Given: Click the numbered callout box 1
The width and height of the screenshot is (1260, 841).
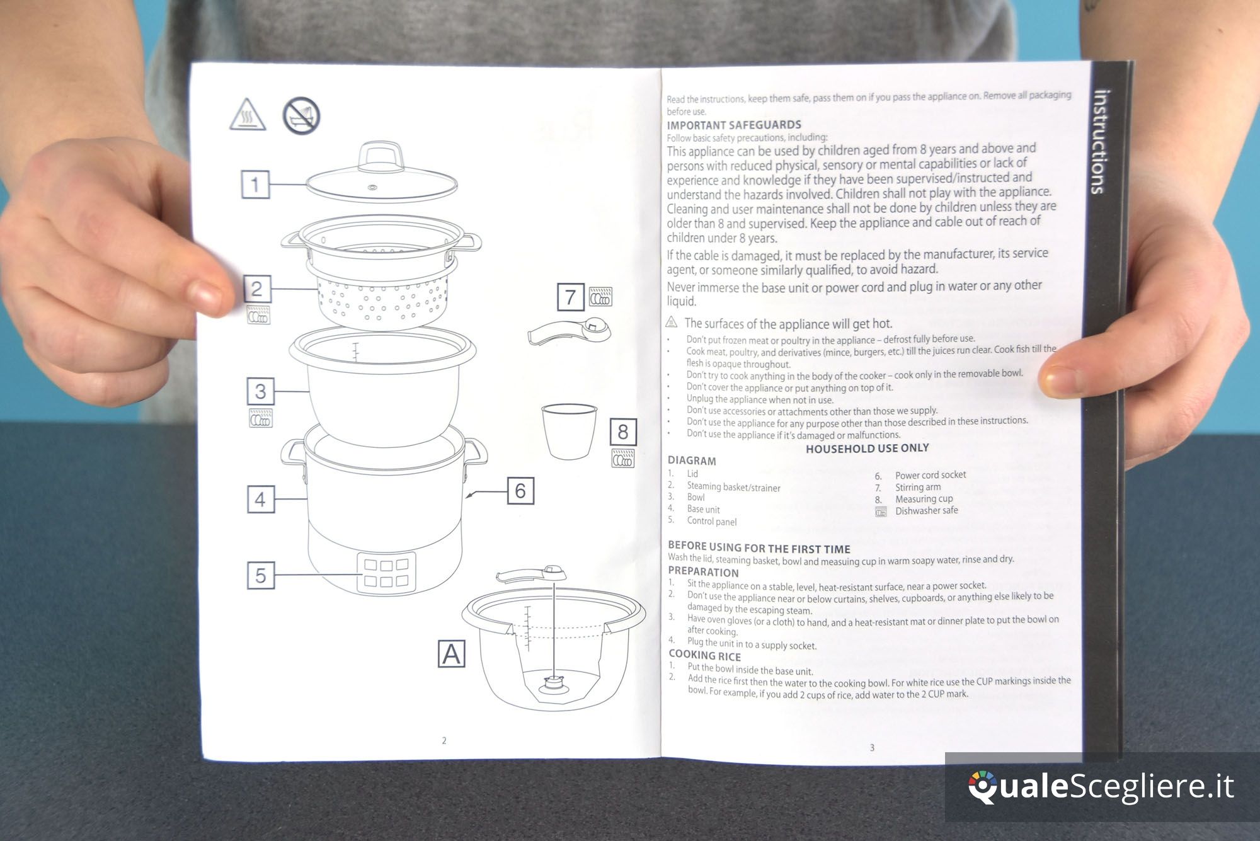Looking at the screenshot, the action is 255,185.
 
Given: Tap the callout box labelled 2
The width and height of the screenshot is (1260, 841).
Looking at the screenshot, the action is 257,289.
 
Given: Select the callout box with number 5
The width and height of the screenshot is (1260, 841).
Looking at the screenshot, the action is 260,575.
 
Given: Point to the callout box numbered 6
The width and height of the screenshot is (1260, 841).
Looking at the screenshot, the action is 520,490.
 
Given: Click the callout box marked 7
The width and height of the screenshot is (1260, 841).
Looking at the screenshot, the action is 571,297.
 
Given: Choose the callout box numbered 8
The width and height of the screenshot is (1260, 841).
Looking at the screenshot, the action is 623,432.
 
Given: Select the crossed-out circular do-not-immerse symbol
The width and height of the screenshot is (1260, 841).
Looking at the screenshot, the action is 301,116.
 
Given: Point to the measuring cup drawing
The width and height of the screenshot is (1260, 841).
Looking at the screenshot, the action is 569,431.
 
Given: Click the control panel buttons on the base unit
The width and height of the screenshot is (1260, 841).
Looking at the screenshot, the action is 386,573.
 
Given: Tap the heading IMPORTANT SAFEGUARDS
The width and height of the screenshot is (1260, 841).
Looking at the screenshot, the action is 734,125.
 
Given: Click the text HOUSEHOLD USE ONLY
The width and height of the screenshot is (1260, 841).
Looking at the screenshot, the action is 868,448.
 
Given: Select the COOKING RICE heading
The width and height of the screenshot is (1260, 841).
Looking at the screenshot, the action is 704,655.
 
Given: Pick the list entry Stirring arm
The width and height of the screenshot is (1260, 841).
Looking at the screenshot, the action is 918,487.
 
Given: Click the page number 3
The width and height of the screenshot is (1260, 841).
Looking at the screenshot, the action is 872,748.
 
